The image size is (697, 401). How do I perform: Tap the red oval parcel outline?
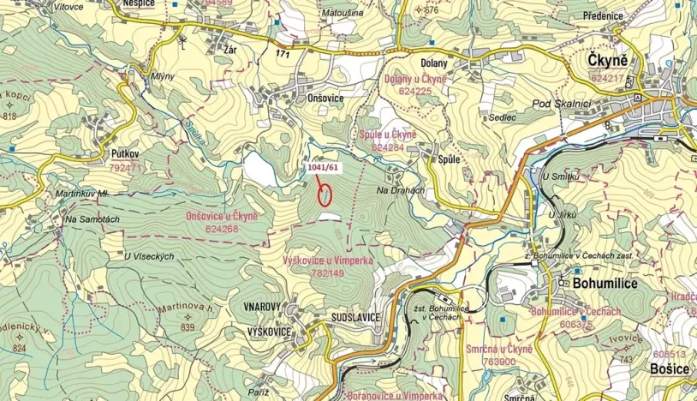pyautogui.click(x=325, y=194)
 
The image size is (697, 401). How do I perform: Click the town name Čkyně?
pyautogui.click(x=607, y=61)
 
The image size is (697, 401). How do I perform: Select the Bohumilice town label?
pyautogui.click(x=599, y=283)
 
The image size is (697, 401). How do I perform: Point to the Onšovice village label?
pyautogui.click(x=325, y=99)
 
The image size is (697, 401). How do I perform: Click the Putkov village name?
pyautogui.click(x=125, y=153)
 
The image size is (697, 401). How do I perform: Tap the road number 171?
pyautogui.click(x=283, y=53)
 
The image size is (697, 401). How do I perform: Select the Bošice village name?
pyautogui.click(x=670, y=368)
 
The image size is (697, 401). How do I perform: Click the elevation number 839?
pyautogui.click(x=188, y=327)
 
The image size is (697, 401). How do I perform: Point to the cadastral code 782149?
pyautogui.click(x=329, y=273)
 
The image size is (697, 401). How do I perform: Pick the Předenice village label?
pyautogui.click(x=607, y=15)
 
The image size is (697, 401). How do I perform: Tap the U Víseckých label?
pyautogui.click(x=149, y=256)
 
